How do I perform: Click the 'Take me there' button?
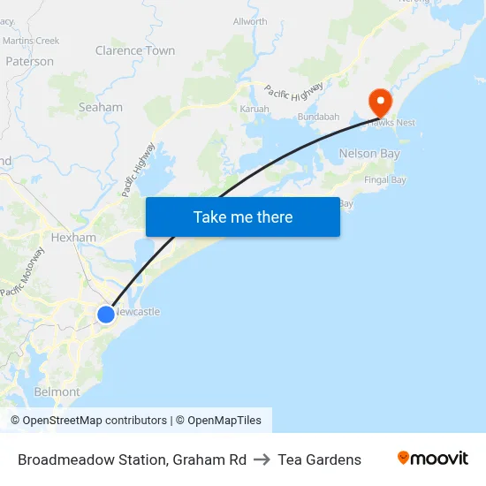243,216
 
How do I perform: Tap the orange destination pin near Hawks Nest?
382,101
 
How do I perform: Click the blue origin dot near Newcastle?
105,314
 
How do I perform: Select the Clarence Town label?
135,50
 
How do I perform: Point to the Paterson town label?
29,62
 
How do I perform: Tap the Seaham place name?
101,107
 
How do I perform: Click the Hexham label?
73,238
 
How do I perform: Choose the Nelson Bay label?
369,154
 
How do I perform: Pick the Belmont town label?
57,391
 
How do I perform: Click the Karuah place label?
254,109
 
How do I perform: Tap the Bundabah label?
318,117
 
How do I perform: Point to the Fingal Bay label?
385,180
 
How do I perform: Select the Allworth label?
249,22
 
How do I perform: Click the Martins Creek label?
31,41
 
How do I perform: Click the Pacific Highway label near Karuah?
293,88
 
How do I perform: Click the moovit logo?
432,459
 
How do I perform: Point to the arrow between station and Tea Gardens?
262,459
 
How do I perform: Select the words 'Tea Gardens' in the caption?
319,459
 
